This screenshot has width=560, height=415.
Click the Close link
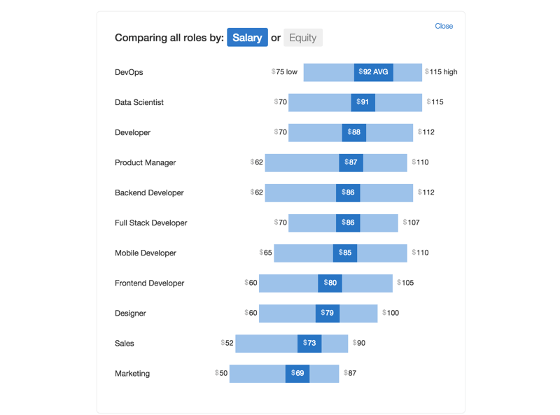click(444, 26)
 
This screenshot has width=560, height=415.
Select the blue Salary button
click(247, 38)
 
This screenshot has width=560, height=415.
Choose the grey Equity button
click(302, 38)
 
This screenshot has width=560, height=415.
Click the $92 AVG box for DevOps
click(373, 72)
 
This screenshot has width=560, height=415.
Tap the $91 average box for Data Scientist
click(363, 102)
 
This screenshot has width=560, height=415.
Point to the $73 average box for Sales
click(309, 344)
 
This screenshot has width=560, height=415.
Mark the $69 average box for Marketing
click(297, 374)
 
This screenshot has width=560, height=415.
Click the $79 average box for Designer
click(327, 313)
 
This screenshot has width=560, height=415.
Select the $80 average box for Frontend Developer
click(330, 283)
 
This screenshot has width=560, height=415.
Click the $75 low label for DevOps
click(284, 72)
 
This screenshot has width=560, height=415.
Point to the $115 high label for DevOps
click(441, 72)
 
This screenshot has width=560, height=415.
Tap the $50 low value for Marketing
click(221, 374)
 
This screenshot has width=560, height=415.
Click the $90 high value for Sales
click(359, 344)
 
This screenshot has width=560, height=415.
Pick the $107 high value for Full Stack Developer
click(412, 223)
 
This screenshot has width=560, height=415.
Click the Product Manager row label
click(145, 162)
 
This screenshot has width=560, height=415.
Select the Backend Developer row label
click(149, 192)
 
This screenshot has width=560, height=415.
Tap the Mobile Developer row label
click(146, 253)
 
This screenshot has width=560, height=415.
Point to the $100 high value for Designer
click(391, 313)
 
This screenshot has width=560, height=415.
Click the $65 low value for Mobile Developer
click(266, 253)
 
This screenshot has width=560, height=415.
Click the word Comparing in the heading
click(140, 38)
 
